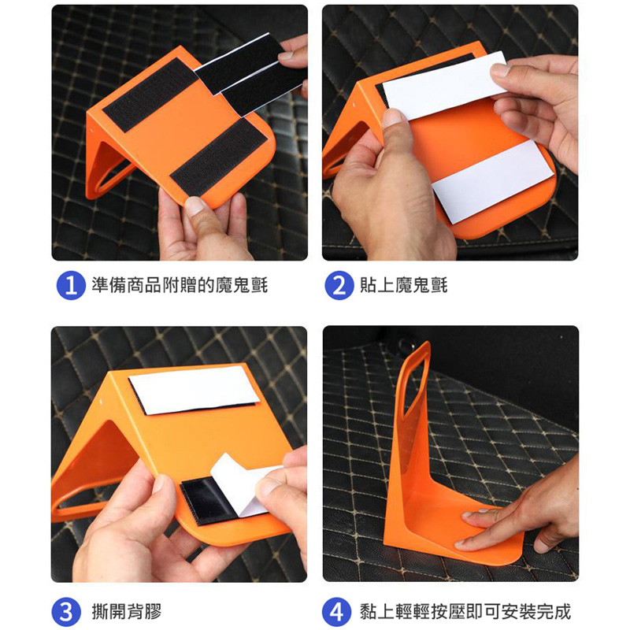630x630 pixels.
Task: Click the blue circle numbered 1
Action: point(71,286)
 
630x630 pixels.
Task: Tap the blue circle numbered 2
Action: point(339,286)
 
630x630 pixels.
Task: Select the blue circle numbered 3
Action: point(66,612)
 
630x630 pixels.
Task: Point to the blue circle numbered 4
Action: point(337,612)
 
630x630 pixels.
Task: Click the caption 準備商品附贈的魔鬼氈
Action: point(180,285)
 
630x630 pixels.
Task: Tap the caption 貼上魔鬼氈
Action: point(403,285)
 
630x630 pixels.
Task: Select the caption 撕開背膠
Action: point(127,612)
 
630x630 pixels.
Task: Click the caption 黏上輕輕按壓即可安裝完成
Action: point(465,612)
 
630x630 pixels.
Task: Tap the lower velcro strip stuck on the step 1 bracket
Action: point(219,157)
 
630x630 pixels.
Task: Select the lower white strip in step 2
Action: point(492,182)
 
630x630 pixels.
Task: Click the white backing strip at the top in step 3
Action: point(194,390)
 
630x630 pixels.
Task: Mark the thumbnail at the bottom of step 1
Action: point(195,206)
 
